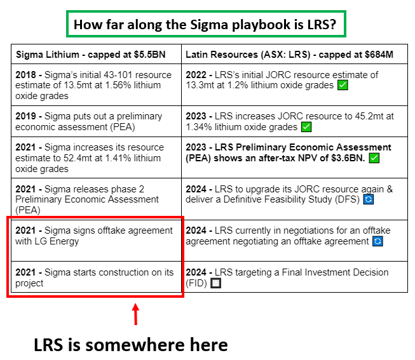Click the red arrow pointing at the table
point(135,314)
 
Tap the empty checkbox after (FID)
point(215,283)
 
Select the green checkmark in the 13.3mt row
point(343,85)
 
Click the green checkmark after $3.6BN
point(374,158)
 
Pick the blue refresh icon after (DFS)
point(369,199)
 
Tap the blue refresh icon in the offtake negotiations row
point(378,241)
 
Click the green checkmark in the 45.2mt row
point(306,127)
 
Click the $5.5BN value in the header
point(149,55)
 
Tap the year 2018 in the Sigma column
point(25,75)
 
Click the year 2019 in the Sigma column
point(25,116)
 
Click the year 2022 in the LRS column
point(196,75)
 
